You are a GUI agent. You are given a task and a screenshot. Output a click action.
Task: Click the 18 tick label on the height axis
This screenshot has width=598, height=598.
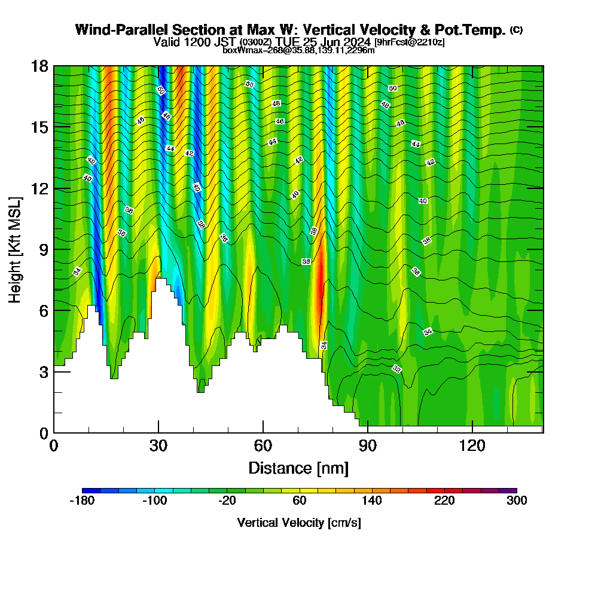pos(41,66)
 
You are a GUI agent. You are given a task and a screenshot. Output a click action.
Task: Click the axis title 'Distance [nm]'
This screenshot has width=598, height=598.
pos(298,468)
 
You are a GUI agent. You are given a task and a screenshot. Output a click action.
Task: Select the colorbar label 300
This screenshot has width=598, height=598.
pos(517,501)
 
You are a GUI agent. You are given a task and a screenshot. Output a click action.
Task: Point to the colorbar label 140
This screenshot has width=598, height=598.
pos(372,501)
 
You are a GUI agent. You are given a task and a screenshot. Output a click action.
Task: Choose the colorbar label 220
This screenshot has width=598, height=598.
pos(444,501)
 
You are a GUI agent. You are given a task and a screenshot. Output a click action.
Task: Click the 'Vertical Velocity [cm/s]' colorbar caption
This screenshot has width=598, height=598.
pos(299,523)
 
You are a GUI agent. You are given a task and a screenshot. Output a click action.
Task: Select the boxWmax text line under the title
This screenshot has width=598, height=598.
pos(298,50)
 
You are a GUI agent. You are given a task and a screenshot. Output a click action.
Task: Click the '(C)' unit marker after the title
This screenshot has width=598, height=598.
pos(516,30)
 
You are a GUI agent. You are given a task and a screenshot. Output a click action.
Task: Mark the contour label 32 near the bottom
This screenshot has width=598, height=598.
pos(396,369)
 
